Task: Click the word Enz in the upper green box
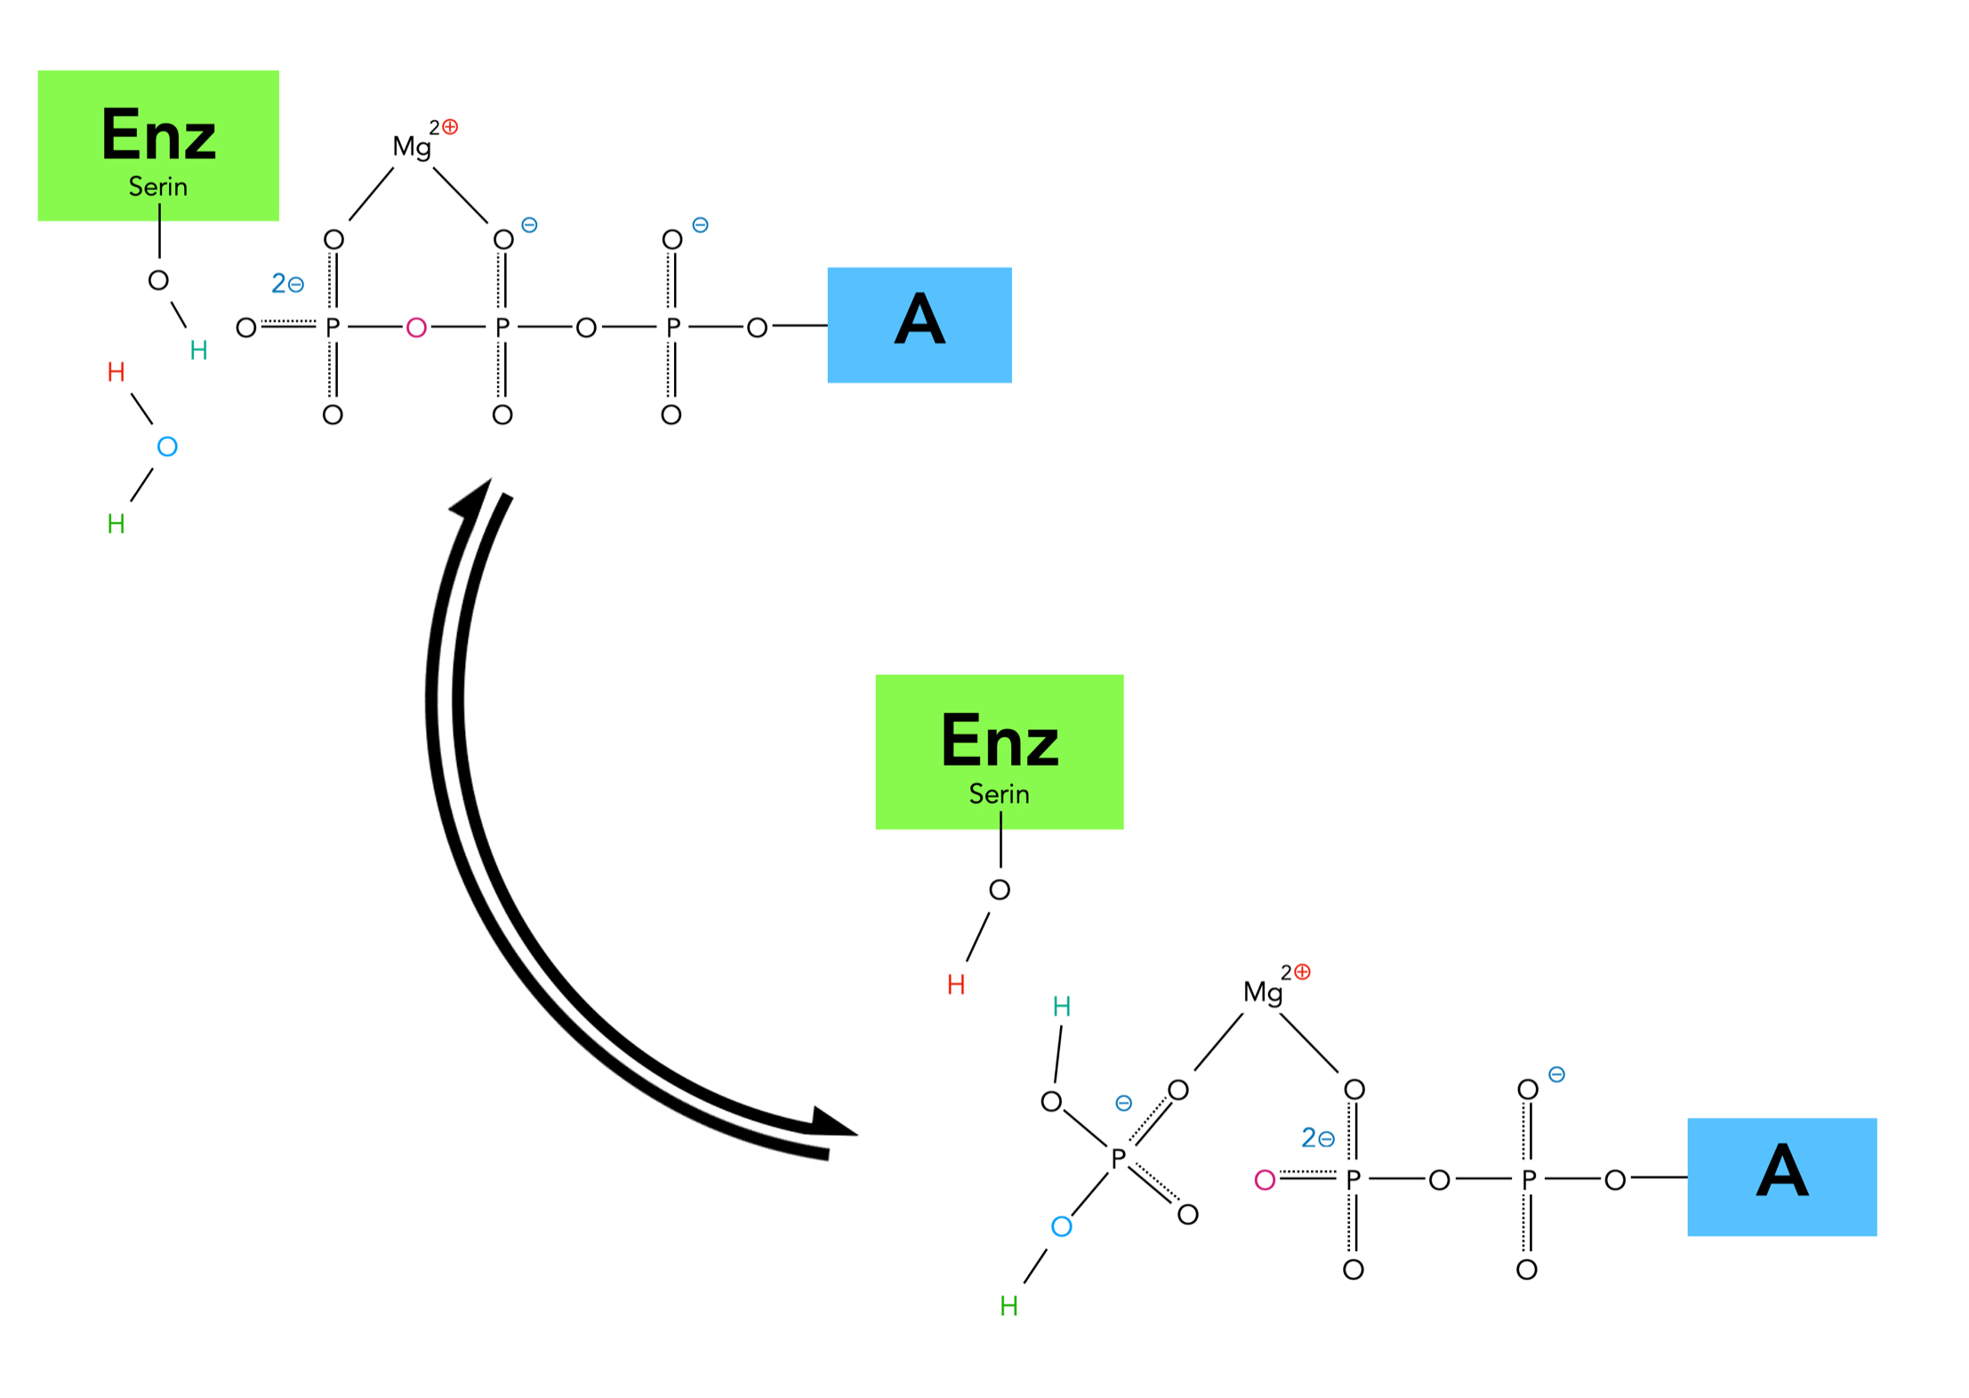pos(158,135)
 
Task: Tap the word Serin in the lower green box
pos(998,793)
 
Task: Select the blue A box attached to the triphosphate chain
pos(919,325)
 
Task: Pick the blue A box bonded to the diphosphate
pos(1780,1176)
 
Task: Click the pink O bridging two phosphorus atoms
pos(415,328)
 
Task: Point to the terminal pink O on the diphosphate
pos(1264,1180)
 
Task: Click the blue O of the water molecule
pos(167,446)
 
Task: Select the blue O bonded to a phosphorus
pos(1061,1227)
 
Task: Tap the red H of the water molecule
pos(116,372)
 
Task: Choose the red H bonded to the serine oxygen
pos(956,984)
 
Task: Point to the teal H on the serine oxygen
pos(198,350)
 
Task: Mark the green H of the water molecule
pos(116,524)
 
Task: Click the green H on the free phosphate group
pos(1009,1306)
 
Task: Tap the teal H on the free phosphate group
pos(1061,1006)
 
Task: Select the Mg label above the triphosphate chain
pos(412,147)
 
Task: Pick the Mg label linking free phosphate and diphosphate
pos(1262,992)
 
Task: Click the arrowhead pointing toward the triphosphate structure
pos(474,498)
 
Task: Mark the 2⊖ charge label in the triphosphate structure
pos(287,284)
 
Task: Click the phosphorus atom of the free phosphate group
pos(1118,1158)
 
